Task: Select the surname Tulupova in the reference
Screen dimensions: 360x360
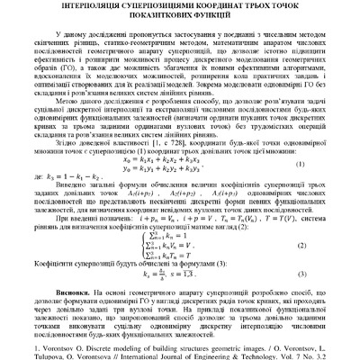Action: click(x=35, y=353)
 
